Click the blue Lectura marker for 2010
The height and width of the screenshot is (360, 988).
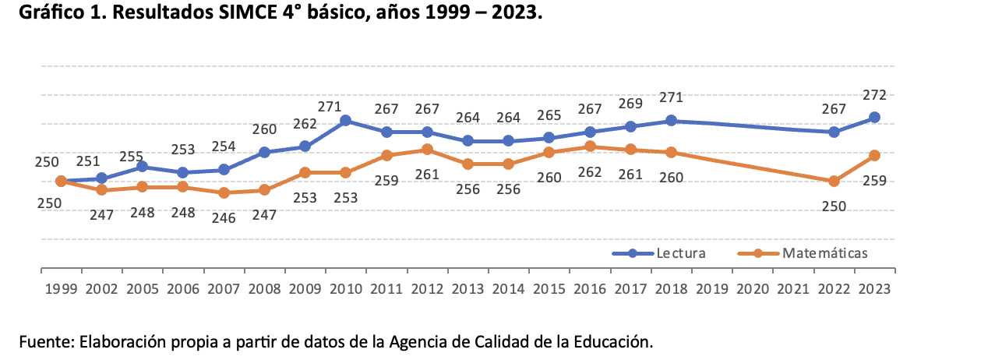[x=345, y=121]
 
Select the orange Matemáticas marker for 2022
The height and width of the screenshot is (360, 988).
[x=834, y=181]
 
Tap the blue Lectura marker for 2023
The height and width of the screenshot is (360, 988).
[x=874, y=118]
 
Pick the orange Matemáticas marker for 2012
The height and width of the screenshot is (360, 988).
[x=427, y=149]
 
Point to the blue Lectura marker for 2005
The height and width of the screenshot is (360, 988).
[x=142, y=167]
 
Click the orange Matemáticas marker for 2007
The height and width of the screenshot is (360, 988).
[x=224, y=192]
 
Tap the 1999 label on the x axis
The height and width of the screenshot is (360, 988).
[x=61, y=289]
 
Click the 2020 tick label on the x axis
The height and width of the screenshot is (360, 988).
[x=753, y=289]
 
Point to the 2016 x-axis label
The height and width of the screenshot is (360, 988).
[x=590, y=289]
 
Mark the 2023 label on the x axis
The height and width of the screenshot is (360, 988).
[x=875, y=289]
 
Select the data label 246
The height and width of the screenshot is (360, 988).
[x=224, y=217]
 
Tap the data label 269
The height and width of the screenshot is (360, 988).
[x=630, y=103]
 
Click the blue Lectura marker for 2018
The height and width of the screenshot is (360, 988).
[x=671, y=121]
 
